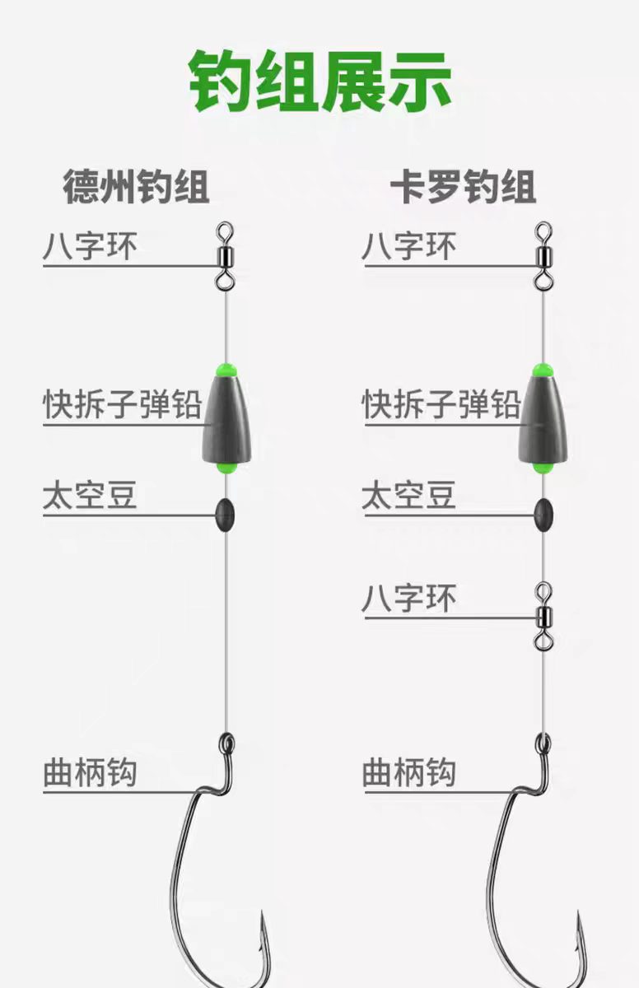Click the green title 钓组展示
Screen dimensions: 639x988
coord(320,81)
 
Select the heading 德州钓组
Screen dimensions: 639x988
coord(136,187)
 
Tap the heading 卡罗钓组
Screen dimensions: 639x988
coord(463,187)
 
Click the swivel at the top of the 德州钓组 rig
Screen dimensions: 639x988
coord(225,256)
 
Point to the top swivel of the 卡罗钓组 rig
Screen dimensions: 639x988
coord(543,256)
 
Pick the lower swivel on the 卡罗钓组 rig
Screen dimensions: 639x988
coord(543,616)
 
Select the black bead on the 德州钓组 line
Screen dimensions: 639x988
coord(225,515)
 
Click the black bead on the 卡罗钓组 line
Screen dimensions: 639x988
coord(543,515)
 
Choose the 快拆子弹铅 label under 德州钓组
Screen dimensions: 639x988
coord(122,404)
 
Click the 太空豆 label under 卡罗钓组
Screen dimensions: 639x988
coord(408,495)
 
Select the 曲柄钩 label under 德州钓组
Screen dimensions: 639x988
coord(90,772)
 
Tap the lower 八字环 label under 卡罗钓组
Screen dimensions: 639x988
coord(408,598)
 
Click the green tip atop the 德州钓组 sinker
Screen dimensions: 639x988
coord(226,370)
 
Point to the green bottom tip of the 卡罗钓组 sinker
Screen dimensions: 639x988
coord(543,467)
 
